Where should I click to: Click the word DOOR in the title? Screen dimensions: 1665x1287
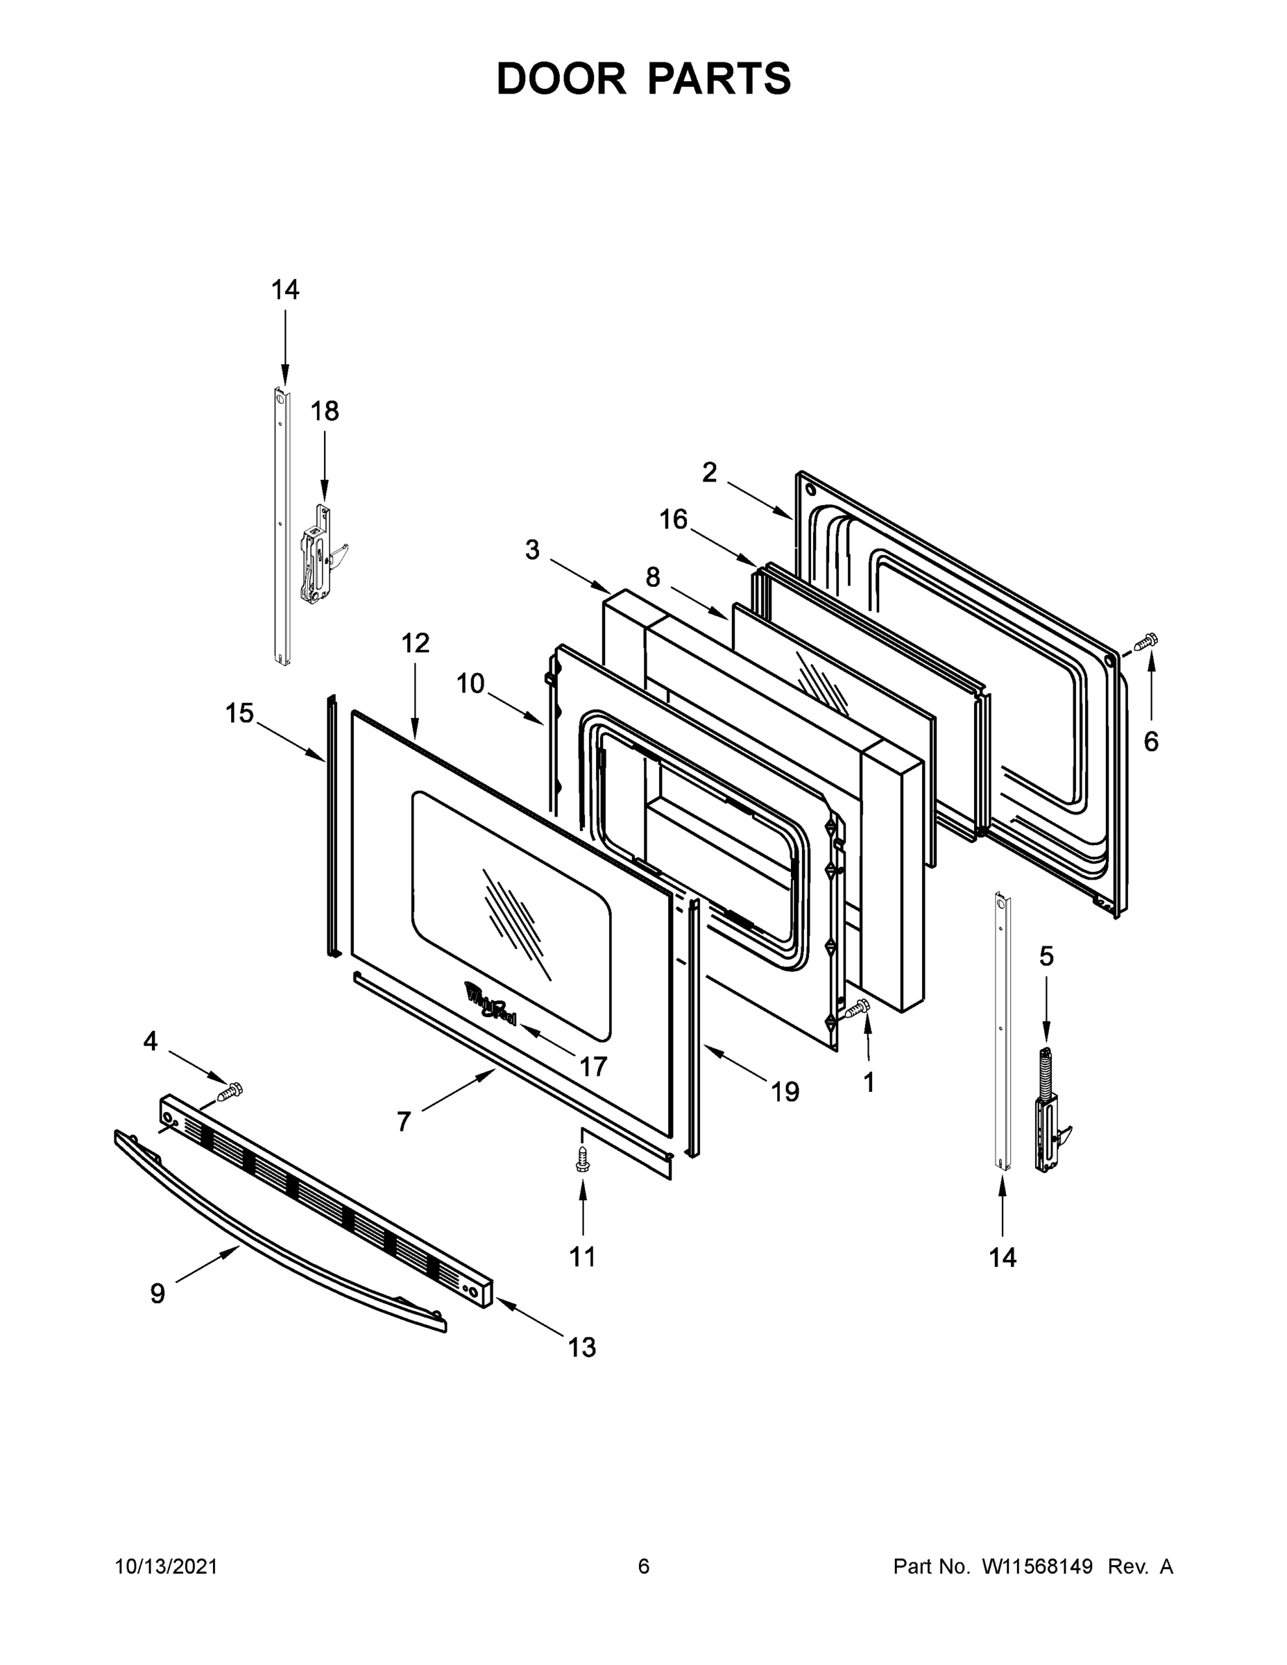pyautogui.click(x=561, y=79)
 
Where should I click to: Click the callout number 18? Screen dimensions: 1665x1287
pyautogui.click(x=324, y=411)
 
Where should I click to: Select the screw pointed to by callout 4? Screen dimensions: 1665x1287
pyautogui.click(x=230, y=1092)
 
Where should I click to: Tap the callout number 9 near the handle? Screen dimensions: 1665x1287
pyautogui.click(x=157, y=1294)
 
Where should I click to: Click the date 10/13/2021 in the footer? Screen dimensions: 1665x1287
pyautogui.click(x=167, y=1566)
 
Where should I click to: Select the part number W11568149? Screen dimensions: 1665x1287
pyautogui.click(x=1037, y=1566)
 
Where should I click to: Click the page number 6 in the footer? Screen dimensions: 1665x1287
pyautogui.click(x=644, y=1566)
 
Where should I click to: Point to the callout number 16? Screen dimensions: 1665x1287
pyautogui.click(x=673, y=520)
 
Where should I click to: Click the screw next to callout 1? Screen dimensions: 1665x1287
pyautogui.click(x=857, y=1009)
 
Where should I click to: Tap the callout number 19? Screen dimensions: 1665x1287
pyautogui.click(x=785, y=1093)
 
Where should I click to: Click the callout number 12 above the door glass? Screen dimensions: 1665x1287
pyautogui.click(x=416, y=643)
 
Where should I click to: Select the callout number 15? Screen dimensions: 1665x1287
pyautogui.click(x=239, y=714)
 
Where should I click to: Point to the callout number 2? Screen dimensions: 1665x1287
pyautogui.click(x=709, y=473)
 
